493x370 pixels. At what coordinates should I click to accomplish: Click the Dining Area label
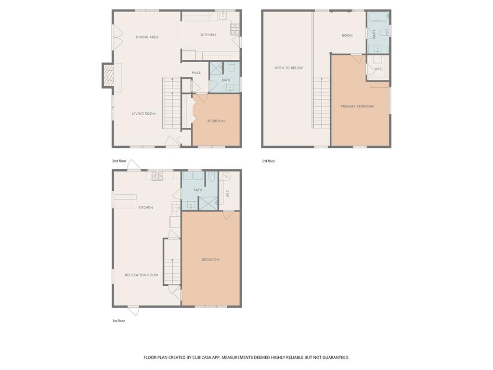point(147,37)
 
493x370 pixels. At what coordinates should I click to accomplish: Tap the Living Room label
point(144,114)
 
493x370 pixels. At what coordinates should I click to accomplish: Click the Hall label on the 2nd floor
point(196,73)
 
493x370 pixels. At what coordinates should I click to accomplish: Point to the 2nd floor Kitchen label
point(208,35)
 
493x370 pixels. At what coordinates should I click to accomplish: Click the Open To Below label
point(288,68)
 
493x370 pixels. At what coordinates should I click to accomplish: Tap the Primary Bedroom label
point(357,106)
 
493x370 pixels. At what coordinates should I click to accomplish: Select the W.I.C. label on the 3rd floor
point(378,69)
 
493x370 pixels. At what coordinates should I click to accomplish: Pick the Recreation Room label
point(142,275)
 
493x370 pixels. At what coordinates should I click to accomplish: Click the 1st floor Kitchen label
point(145,208)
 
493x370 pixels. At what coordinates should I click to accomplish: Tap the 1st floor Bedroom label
point(210,260)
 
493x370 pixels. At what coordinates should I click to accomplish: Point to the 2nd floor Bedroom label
point(216,121)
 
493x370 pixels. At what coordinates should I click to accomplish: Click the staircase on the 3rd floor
point(322,103)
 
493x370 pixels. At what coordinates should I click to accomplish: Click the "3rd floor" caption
point(268,161)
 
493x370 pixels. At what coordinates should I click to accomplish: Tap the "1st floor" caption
point(118,320)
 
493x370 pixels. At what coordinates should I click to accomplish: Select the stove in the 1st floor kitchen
point(156,175)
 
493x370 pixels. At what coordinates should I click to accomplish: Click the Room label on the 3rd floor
point(347,36)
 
